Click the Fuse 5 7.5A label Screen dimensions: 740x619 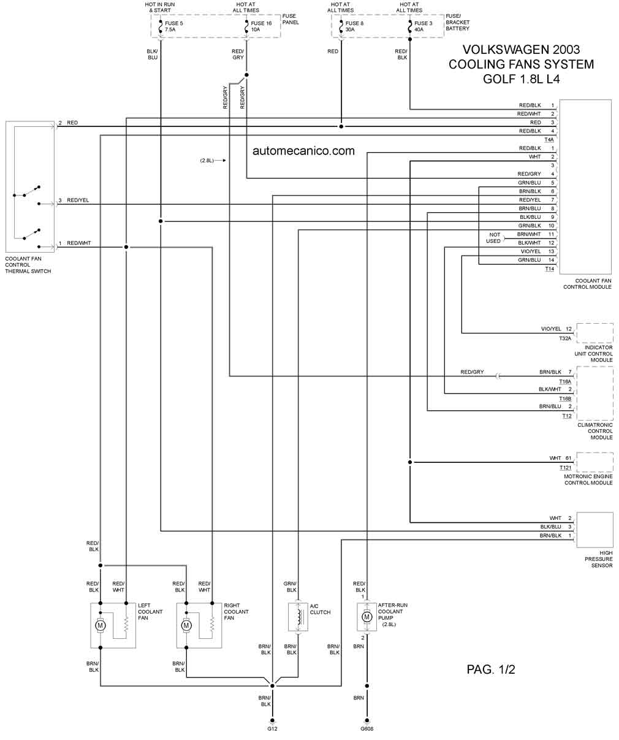click(174, 26)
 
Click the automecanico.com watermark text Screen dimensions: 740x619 click(303, 150)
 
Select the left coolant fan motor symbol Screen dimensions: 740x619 click(99, 625)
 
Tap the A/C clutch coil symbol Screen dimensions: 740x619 click(298, 617)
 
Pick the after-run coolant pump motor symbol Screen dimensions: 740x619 click(367, 617)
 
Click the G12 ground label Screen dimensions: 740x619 click(273, 729)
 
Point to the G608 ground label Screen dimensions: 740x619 click(367, 729)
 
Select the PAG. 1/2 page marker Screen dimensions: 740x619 click(491, 669)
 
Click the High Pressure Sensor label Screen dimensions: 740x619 click(599, 559)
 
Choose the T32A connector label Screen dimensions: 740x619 click(564, 338)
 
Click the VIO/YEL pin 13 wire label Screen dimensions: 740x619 click(531, 251)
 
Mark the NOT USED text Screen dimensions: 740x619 click(493, 238)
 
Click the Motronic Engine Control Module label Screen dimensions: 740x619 click(588, 479)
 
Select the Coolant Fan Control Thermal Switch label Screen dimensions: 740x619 click(28, 265)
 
